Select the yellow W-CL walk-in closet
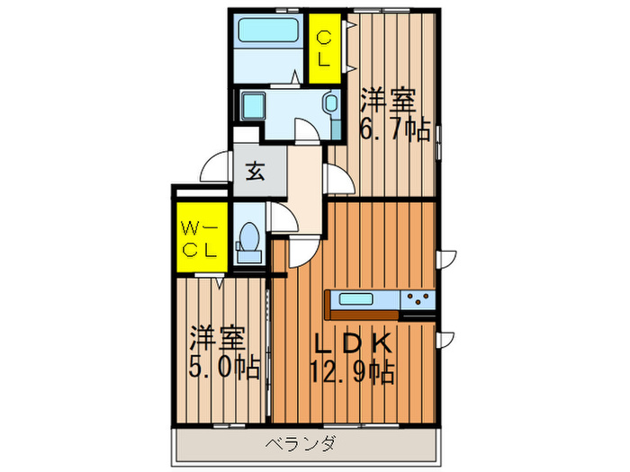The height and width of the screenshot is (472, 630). point(199,237)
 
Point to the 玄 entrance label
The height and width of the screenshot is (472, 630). point(255,171)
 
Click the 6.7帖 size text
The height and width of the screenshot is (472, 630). point(393,129)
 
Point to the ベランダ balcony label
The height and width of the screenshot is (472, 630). point(301,443)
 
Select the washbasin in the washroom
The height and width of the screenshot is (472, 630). point(329,106)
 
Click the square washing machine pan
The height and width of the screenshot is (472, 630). point(254,109)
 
